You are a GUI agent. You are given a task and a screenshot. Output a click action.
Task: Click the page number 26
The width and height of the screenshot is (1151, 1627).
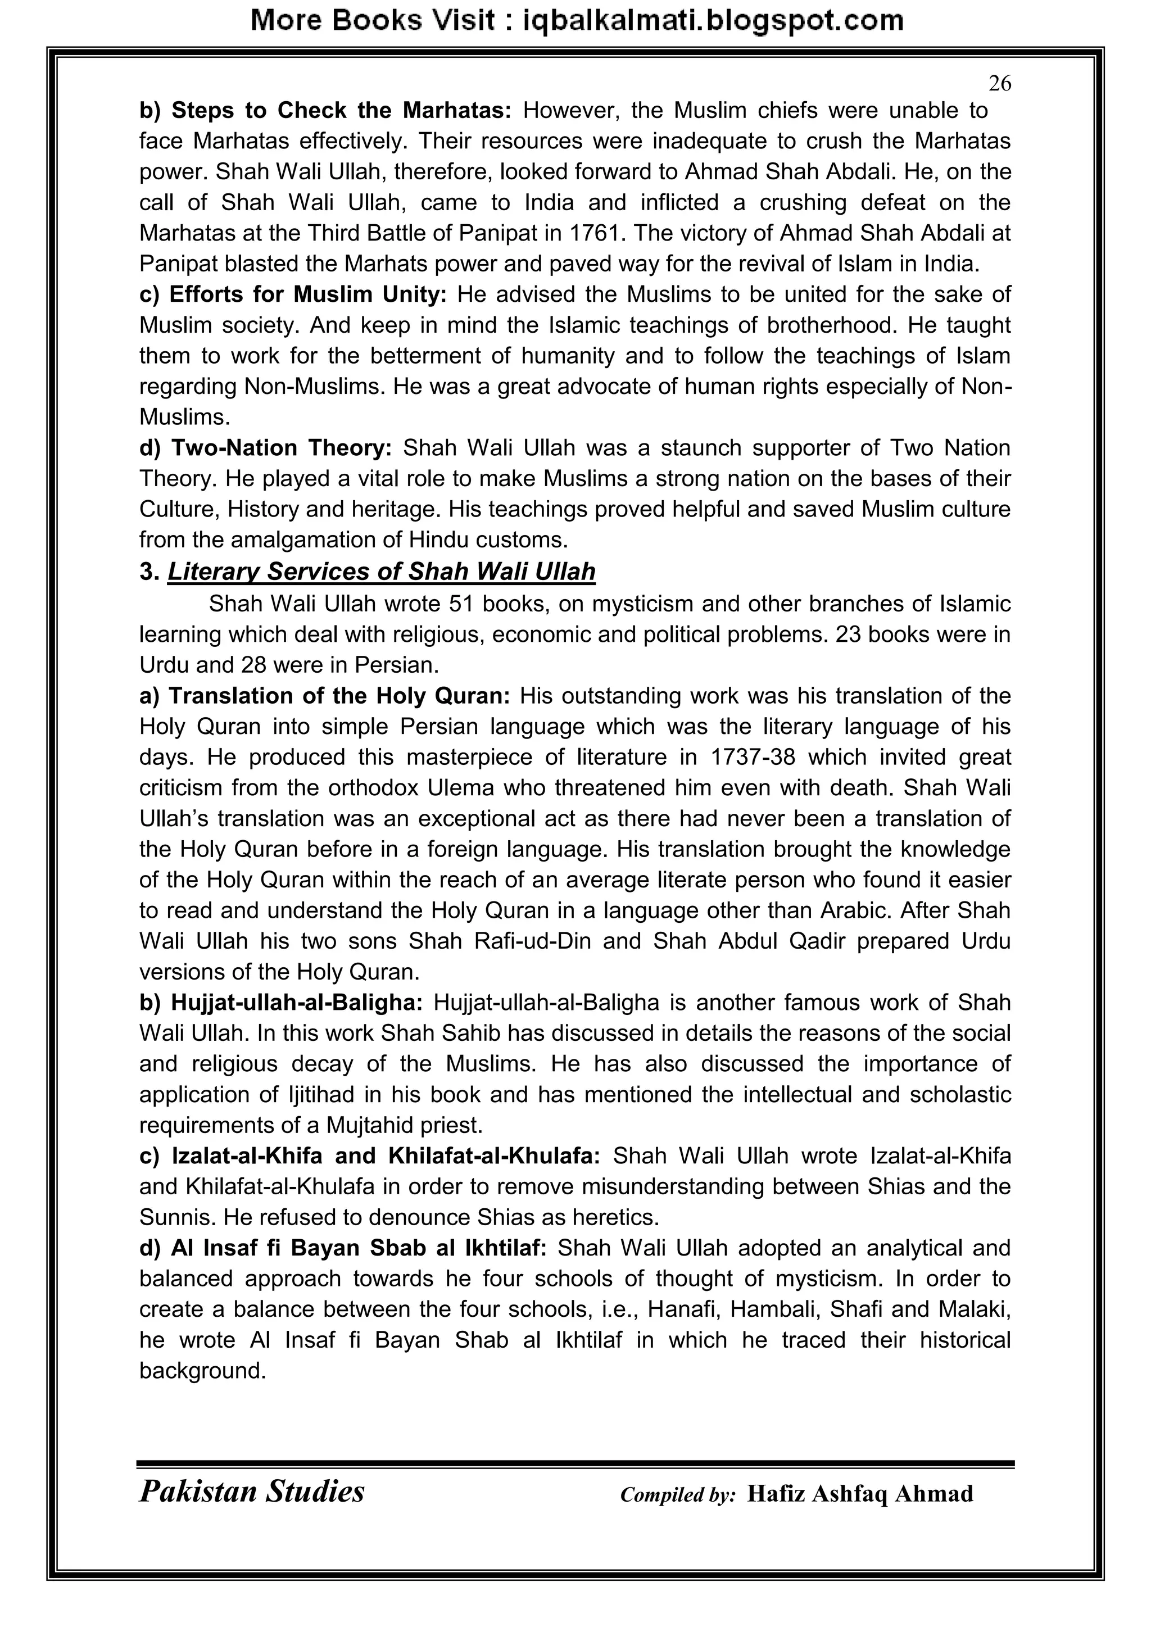coord(999,84)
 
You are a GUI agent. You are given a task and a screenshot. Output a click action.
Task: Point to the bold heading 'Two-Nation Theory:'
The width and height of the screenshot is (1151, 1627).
coord(266,448)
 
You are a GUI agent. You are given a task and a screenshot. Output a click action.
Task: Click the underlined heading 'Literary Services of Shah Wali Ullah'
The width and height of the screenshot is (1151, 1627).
coord(381,571)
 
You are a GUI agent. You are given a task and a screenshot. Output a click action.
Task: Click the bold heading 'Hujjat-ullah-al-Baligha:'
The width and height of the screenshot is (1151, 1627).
coord(282,1003)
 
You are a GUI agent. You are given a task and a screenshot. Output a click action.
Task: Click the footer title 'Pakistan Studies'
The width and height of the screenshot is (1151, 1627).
coord(252,1491)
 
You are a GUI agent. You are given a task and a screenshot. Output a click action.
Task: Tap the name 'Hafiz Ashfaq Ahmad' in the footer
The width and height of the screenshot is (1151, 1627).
coord(860,1494)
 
